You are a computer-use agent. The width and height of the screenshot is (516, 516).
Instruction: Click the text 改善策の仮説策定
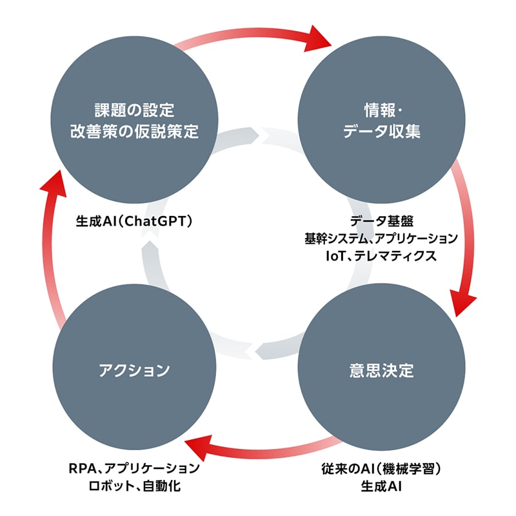(134, 132)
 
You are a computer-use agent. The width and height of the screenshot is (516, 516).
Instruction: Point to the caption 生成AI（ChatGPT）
(135, 221)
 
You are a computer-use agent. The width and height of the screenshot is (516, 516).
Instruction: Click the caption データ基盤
(382, 221)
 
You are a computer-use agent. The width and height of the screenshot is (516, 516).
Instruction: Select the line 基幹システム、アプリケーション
(382, 238)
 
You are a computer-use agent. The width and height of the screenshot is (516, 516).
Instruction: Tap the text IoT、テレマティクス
(382, 255)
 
